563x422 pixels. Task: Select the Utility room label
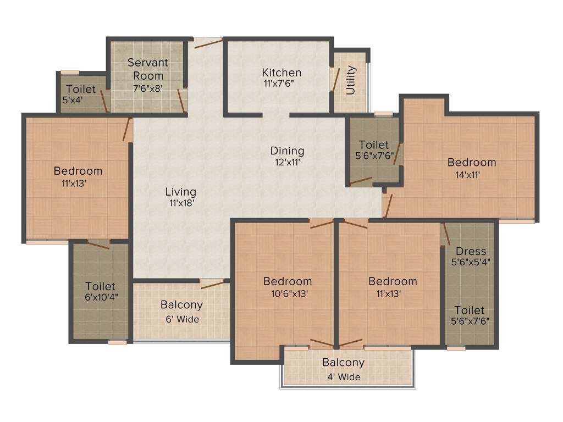351,80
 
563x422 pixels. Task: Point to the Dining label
287,151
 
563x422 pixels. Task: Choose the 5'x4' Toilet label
81,89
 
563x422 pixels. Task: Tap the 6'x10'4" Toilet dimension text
101,297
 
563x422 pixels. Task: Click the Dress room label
471,252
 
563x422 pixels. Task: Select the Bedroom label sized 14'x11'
472,162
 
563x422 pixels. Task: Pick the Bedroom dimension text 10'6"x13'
288,293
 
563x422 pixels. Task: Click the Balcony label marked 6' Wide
181,304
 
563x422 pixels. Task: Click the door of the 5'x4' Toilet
103,101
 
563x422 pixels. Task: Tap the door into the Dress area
446,234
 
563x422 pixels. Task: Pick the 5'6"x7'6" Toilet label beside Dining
373,145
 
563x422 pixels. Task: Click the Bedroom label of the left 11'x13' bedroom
78,171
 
